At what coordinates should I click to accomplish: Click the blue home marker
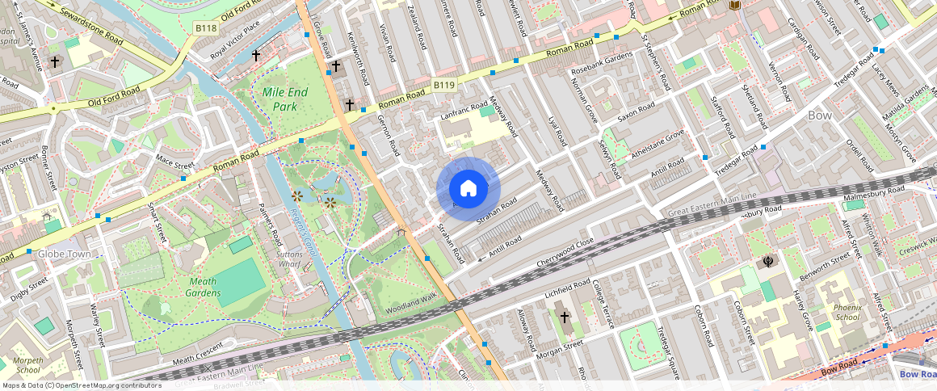[468, 189]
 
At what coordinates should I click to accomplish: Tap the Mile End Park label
[285, 99]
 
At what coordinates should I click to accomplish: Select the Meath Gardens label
[204, 287]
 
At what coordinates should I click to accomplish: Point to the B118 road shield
[206, 27]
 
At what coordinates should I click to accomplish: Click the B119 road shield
[443, 85]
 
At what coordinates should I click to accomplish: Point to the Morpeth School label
[27, 364]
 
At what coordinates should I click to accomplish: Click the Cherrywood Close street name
[565, 253]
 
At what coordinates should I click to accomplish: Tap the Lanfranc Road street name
[465, 111]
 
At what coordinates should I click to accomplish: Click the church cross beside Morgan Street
[564, 317]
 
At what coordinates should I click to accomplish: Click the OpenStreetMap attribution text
[81, 385]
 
